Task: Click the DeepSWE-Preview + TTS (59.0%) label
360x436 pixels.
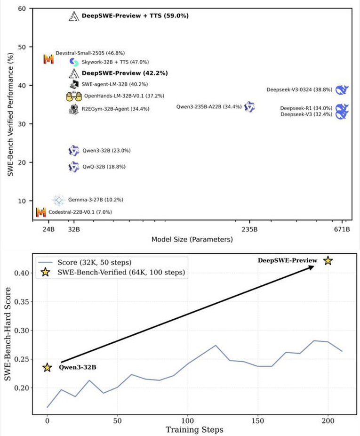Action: pos(135,16)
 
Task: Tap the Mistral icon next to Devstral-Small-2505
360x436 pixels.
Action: pos(48,59)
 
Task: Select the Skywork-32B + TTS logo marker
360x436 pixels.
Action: pos(74,62)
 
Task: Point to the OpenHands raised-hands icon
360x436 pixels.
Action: pos(74,96)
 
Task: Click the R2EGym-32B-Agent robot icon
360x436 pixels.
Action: pos(74,109)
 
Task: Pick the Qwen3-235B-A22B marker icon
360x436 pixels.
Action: pos(249,107)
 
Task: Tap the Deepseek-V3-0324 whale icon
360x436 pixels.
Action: pos(342,90)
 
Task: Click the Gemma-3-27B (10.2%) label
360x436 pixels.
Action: pos(96,200)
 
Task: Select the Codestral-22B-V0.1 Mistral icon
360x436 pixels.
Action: pos(41,212)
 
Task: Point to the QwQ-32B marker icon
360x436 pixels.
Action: pos(74,167)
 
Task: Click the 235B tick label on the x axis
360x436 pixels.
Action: pos(249,229)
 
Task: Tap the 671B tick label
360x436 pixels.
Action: pos(342,229)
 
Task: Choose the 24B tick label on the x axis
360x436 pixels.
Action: pos(48,229)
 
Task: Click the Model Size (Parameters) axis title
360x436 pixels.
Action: pos(192,239)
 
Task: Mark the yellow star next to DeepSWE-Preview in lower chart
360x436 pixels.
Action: pos(328,260)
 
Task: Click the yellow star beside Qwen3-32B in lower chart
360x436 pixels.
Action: pos(47,367)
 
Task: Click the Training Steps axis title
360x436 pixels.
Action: pos(194,429)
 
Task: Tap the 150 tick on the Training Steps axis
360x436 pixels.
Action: pos(258,420)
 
